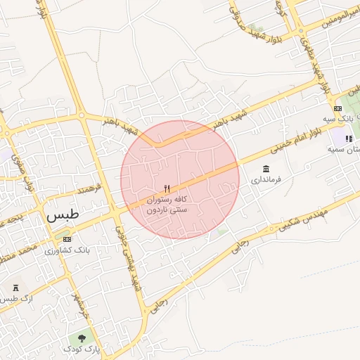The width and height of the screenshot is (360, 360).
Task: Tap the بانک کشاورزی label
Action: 67,250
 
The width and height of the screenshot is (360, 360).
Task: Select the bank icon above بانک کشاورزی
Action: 67,239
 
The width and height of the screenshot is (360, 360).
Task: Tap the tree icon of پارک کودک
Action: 82,339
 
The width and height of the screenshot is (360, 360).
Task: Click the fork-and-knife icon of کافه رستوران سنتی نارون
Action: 167,188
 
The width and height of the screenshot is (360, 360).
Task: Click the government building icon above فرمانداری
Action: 266,169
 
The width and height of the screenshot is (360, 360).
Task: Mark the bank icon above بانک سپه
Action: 338,108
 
